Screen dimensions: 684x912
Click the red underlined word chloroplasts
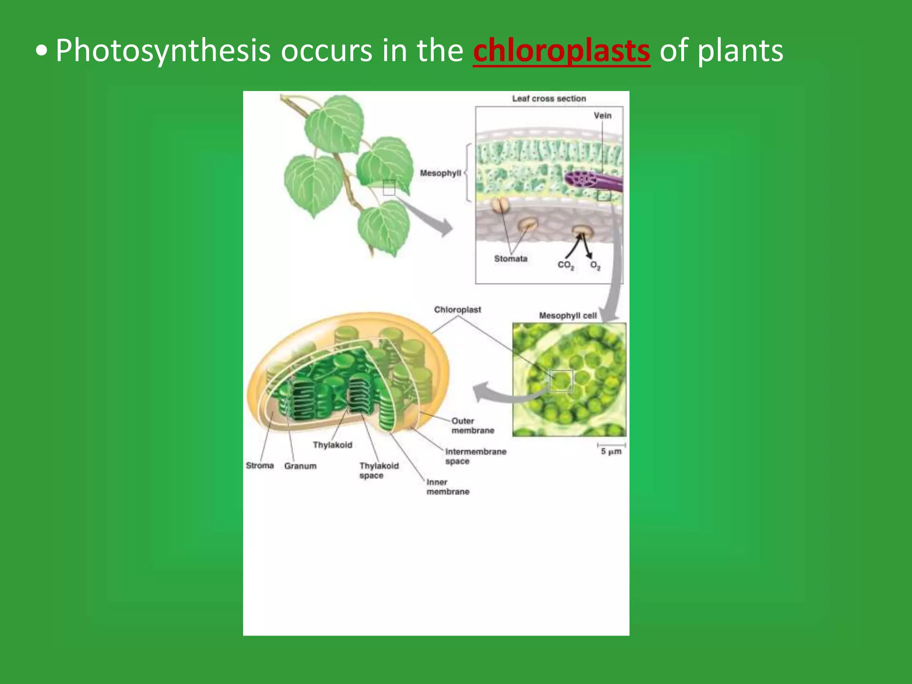tap(561, 51)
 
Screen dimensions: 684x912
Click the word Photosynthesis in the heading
tap(163, 51)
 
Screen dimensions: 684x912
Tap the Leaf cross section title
tap(549, 98)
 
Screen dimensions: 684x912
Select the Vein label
tap(602, 115)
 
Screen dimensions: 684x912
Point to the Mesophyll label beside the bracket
tap(440, 173)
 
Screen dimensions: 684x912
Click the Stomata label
tap(510, 258)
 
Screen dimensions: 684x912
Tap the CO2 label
tap(566, 265)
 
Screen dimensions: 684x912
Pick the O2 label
tap(595, 265)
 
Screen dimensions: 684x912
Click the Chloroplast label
tap(457, 309)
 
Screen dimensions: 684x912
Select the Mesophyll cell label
tap(568, 315)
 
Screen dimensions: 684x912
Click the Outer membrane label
tap(472, 426)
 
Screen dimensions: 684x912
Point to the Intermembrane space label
tap(475, 456)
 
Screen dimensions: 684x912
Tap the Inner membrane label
tap(448, 487)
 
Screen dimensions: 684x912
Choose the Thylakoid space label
tap(379, 470)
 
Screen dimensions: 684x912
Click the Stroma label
tap(260, 465)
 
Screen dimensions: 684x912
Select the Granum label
tap(300, 466)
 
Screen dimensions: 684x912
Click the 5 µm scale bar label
tap(611, 452)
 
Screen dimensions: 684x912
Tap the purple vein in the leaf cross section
tap(592, 180)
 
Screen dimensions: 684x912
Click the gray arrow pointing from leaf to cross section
tap(427, 218)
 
